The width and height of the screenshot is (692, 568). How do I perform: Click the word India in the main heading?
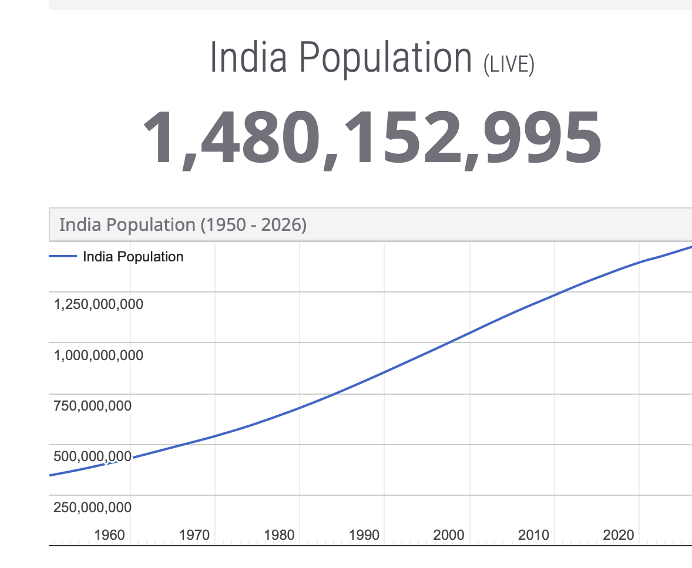click(248, 57)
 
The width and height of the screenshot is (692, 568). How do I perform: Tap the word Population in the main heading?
click(386, 59)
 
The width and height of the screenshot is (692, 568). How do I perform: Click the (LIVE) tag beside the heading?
click(509, 65)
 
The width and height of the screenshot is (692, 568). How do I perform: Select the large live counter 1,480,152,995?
click(372, 138)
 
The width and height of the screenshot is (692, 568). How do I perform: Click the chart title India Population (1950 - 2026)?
click(183, 224)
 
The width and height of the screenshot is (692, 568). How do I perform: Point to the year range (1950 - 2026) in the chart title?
click(253, 225)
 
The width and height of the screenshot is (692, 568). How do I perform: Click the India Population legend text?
click(133, 257)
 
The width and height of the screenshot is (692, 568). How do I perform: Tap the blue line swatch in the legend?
click(63, 256)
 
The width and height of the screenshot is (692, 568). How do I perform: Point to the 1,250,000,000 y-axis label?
click(99, 304)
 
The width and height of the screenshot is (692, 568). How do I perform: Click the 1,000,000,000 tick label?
click(99, 355)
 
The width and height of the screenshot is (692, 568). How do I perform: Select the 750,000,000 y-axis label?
click(92, 405)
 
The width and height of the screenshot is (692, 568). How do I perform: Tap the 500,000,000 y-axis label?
click(92, 456)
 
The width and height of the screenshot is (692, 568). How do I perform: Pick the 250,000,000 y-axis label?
click(92, 507)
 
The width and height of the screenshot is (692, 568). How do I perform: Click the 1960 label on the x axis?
click(109, 535)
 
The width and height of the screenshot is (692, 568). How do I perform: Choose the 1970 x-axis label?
click(194, 535)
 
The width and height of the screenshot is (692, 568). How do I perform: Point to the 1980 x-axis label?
click(279, 535)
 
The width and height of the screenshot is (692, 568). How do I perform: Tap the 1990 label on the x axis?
click(364, 535)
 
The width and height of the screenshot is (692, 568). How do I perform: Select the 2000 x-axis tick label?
click(448, 535)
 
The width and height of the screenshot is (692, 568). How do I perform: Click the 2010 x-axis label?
click(533, 535)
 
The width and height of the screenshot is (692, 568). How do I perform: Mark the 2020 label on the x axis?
click(619, 535)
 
